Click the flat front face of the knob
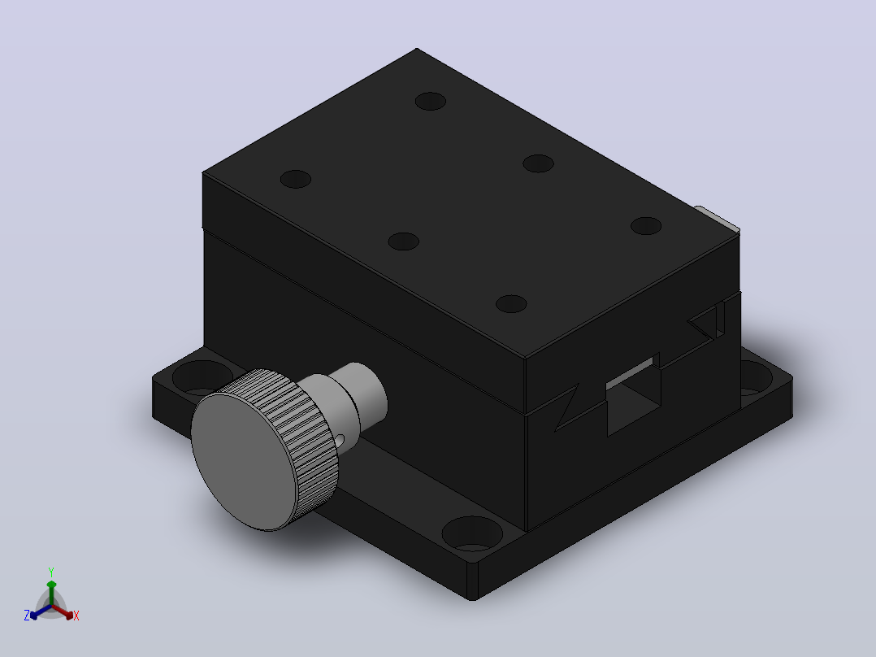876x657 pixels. coord(243,461)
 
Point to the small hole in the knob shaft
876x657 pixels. coord(340,441)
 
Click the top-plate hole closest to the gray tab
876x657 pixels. coord(646,226)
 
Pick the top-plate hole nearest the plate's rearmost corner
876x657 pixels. coord(430,101)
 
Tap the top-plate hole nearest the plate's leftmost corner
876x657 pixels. coord(296,179)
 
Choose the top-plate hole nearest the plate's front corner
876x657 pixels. coord(511,303)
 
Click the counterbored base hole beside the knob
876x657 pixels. coord(202,376)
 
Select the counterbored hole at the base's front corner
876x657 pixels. coord(472,533)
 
